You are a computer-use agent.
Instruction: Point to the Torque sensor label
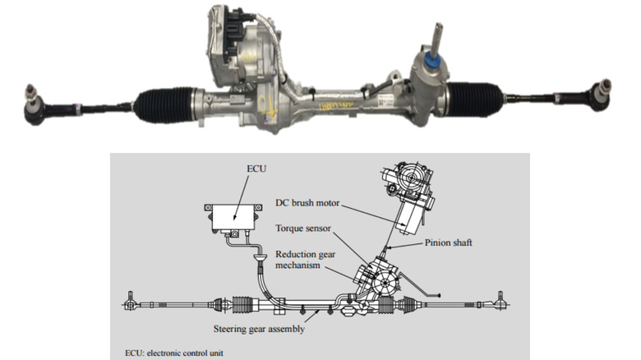(x=302, y=231)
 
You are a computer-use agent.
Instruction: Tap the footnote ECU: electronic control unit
(x=175, y=353)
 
